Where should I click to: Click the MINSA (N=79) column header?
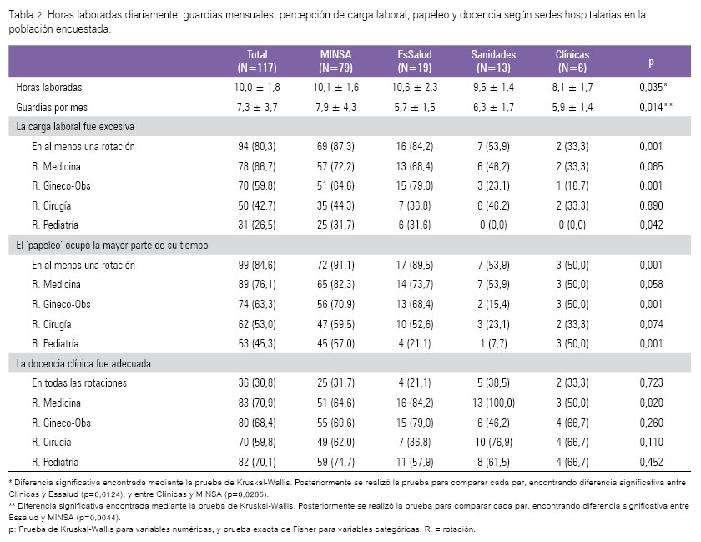point(335,61)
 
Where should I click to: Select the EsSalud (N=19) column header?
point(415,61)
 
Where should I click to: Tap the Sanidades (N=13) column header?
point(493,61)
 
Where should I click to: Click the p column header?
point(651,62)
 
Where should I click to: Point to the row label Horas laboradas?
point(49,88)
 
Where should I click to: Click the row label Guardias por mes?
point(52,108)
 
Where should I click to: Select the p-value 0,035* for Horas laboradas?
point(653,88)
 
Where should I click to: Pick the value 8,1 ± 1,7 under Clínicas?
point(572,88)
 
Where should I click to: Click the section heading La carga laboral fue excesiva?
point(75,127)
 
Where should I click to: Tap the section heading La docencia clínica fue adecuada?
point(83,363)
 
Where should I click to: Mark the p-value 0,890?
point(651,206)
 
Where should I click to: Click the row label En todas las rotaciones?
point(79,383)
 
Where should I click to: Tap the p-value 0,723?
point(651,383)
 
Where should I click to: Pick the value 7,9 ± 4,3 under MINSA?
point(335,108)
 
